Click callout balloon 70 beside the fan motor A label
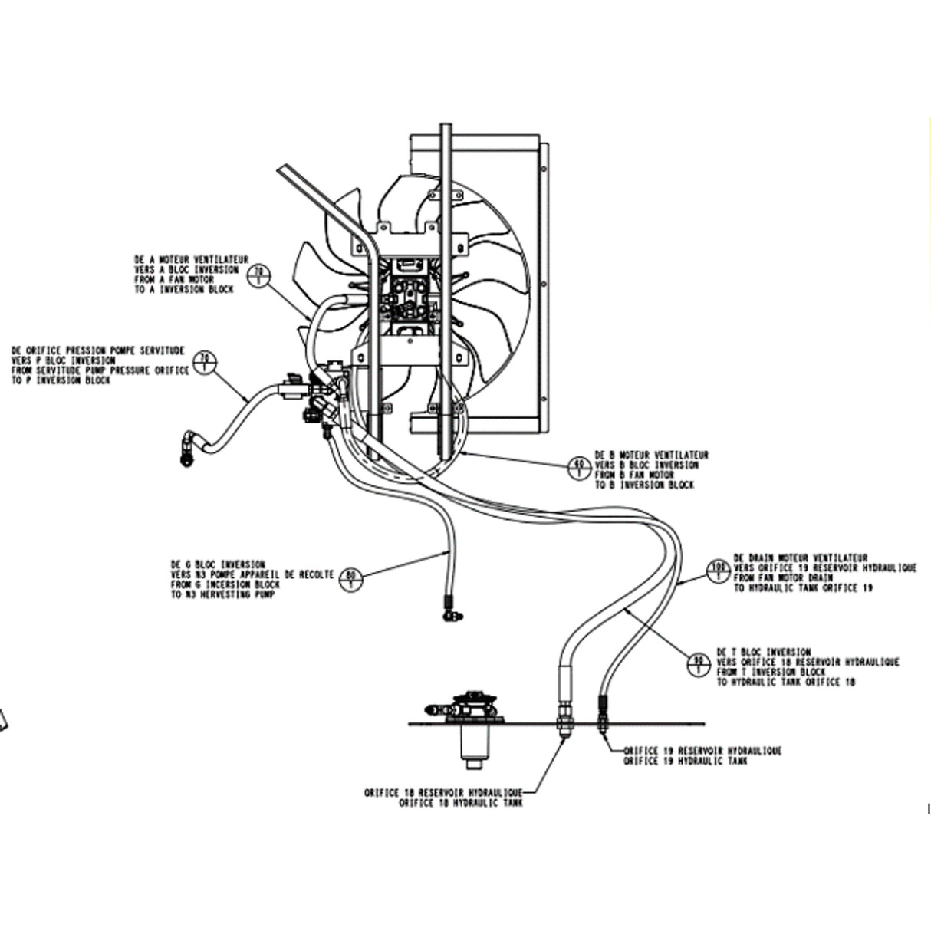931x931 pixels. click(258, 273)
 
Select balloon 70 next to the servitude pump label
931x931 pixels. click(205, 360)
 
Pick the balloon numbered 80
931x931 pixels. click(350, 576)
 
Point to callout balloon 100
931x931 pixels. click(718, 570)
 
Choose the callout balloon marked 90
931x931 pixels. click(699, 664)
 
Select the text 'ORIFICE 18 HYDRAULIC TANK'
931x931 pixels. click(460, 803)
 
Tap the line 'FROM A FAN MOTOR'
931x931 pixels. click(174, 280)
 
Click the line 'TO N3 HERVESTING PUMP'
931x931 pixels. click(222, 594)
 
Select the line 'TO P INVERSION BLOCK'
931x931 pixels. click(61, 381)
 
